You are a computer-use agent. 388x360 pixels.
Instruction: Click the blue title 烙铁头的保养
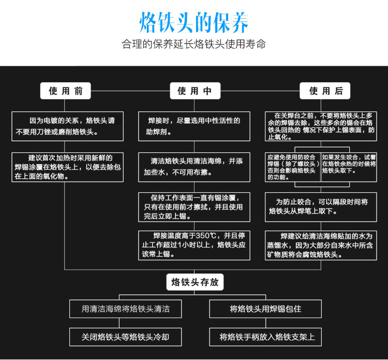coord(194,22)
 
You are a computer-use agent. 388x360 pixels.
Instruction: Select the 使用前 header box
coord(66,91)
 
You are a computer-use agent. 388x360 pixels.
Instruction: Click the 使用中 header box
coord(195,91)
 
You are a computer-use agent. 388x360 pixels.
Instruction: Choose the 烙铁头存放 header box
coord(195,282)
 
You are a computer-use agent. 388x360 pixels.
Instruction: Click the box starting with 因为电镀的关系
coord(68,126)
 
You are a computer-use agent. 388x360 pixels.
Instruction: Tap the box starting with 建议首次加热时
coord(68,166)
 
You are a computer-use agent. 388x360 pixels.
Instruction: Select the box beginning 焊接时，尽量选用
coord(194,126)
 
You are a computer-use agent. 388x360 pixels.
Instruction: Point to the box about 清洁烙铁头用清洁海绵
coord(194,166)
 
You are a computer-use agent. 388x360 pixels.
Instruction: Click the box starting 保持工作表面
coord(194,207)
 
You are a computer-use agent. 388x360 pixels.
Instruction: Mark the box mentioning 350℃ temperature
coord(194,244)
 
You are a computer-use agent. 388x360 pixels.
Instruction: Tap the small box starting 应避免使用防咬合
coord(293,166)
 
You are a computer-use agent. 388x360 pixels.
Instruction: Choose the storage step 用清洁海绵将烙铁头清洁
coord(126,309)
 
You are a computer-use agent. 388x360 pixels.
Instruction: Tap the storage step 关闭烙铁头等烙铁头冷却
coord(126,337)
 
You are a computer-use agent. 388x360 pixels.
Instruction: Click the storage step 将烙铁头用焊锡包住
coord(265,309)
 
